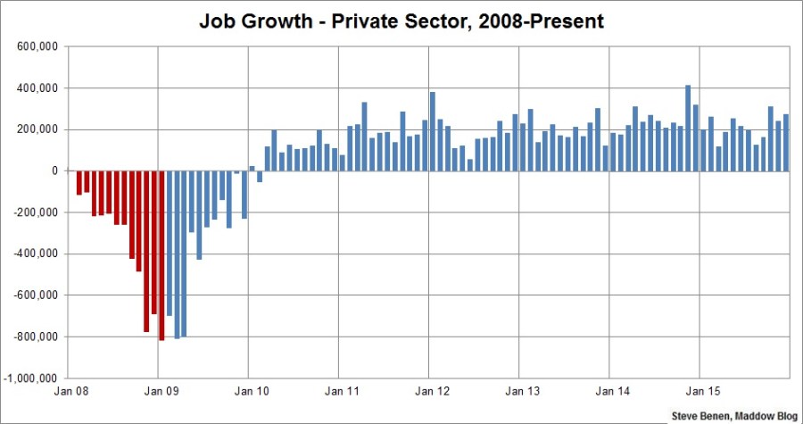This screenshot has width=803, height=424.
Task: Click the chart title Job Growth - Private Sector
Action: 401,21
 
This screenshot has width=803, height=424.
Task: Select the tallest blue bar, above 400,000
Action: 688,128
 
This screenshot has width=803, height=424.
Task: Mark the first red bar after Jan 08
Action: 79,182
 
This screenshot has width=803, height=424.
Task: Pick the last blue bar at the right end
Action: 786,142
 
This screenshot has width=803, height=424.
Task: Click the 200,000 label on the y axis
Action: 37,129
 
